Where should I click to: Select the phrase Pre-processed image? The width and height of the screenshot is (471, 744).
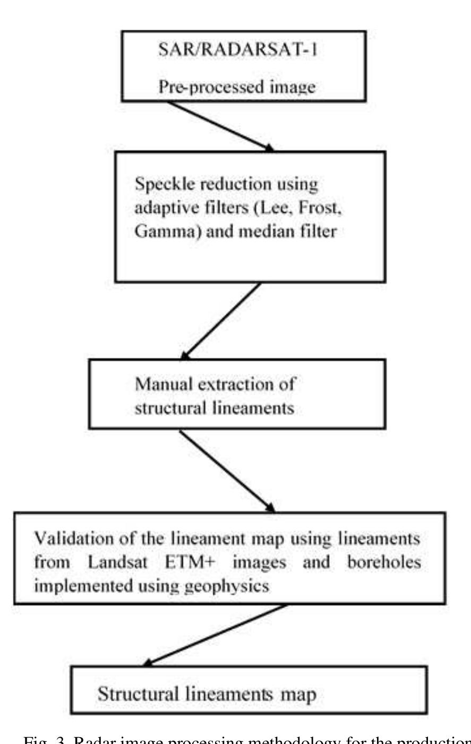pos(237,87)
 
